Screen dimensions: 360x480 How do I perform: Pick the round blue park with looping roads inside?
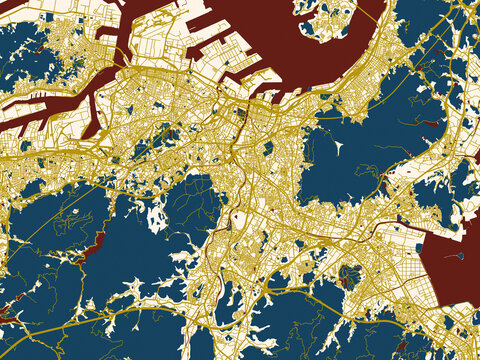click(349, 275)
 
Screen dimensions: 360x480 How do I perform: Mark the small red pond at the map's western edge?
click(6, 313)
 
